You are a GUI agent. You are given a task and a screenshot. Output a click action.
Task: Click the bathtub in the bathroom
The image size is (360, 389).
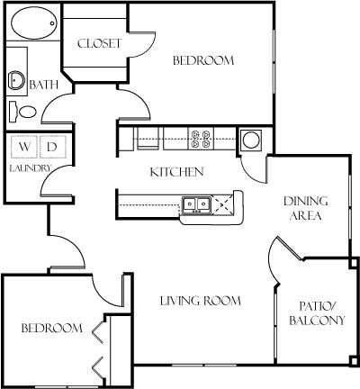(34, 23)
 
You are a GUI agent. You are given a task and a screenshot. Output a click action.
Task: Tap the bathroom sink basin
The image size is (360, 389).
(16, 80)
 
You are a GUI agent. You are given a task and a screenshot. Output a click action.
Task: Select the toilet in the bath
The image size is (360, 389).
(23, 112)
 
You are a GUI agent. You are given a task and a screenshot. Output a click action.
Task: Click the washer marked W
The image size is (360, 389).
(24, 147)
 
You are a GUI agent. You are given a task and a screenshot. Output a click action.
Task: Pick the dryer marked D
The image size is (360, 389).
(52, 147)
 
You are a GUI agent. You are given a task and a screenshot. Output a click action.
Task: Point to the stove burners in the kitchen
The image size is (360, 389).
(201, 139)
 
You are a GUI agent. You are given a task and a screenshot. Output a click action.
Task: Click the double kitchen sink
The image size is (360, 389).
(196, 205)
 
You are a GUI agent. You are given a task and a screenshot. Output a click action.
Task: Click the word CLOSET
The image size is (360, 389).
(99, 43)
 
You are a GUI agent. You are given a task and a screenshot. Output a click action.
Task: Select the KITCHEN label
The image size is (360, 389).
(176, 172)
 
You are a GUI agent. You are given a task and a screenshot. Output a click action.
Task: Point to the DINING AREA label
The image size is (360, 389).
(306, 208)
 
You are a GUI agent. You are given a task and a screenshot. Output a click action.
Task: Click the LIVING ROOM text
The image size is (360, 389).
(201, 301)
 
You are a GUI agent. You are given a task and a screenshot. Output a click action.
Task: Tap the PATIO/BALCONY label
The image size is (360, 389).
(317, 313)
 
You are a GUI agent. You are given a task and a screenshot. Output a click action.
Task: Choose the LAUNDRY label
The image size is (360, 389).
(31, 168)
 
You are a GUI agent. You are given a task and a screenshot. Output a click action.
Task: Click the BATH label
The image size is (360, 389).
(44, 85)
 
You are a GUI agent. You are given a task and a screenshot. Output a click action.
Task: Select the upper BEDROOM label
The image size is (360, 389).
(203, 60)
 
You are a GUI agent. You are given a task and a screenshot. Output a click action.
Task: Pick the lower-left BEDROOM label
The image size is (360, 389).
(52, 328)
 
